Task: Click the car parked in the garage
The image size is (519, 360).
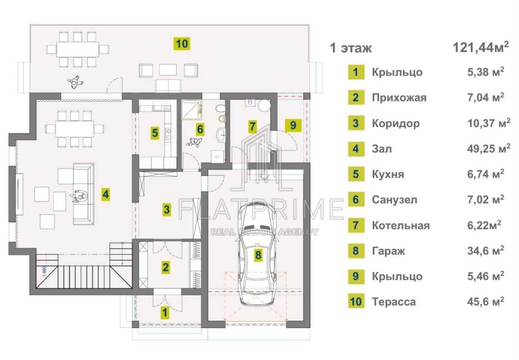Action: [258, 254]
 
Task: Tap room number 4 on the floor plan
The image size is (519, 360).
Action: [105, 194]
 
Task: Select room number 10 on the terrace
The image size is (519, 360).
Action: [182, 44]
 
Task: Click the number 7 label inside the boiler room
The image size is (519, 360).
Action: [252, 126]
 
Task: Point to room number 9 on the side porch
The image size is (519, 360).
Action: [293, 126]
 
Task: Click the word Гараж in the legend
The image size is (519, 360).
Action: [388, 251]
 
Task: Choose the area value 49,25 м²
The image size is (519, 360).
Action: [488, 148]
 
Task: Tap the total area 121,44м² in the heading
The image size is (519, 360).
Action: [480, 47]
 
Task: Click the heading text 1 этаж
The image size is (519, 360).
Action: [351, 48]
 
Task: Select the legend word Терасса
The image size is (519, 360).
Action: [393, 302]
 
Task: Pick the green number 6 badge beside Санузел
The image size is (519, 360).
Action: [356, 200]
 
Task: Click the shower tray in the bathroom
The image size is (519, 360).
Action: [192, 109]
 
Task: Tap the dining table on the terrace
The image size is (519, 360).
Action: [78, 50]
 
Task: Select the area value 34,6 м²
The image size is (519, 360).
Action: [486, 251]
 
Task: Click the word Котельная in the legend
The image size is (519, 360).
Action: [401, 225]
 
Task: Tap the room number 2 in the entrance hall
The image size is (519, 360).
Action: [166, 267]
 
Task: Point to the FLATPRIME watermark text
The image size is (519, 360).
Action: [261, 209]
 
